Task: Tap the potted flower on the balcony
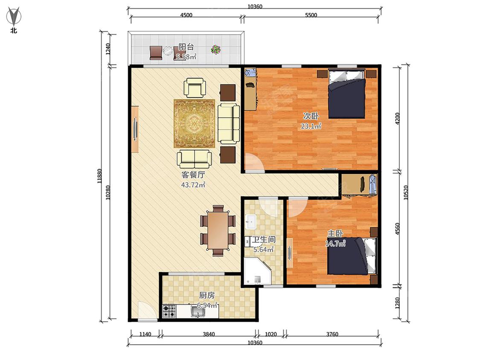[216, 49]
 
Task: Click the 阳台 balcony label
[186, 47]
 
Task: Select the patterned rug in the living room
[195, 123]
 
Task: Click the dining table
[218, 230]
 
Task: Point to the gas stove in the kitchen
[169, 311]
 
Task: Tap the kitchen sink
[198, 312]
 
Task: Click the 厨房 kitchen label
[207, 296]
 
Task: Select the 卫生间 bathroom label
[264, 239]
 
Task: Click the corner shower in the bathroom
[256, 271]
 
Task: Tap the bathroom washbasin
[251, 222]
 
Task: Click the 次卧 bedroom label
[311, 116]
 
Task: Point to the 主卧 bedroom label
[335, 234]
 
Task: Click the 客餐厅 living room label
[193, 175]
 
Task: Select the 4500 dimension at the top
[186, 15]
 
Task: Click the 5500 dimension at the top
[311, 15]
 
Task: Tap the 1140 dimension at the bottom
[145, 334]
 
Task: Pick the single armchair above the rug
[195, 88]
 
